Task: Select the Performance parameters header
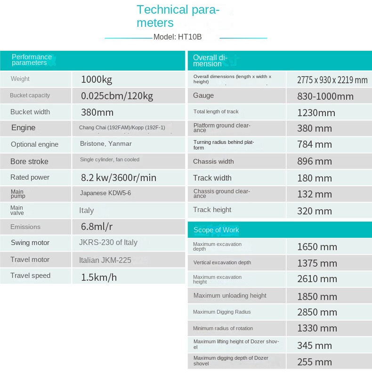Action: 32,60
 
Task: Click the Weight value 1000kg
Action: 97,79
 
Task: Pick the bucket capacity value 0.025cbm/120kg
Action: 117,96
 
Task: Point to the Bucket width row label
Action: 30,112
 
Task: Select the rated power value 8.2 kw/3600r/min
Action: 118,178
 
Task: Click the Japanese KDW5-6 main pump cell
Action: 105,193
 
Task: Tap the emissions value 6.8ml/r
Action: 97,227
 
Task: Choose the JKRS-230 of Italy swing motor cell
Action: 108,243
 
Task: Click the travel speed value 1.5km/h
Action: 99,277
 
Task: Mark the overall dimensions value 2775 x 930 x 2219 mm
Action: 332,80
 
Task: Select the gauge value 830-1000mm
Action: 325,96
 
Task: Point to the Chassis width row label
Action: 213,161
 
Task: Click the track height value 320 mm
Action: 315,211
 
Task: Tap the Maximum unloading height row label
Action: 230,295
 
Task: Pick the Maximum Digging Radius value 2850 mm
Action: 317,312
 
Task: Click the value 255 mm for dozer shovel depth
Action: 315,362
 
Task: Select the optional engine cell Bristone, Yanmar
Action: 106,144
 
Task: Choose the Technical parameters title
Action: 178,16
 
